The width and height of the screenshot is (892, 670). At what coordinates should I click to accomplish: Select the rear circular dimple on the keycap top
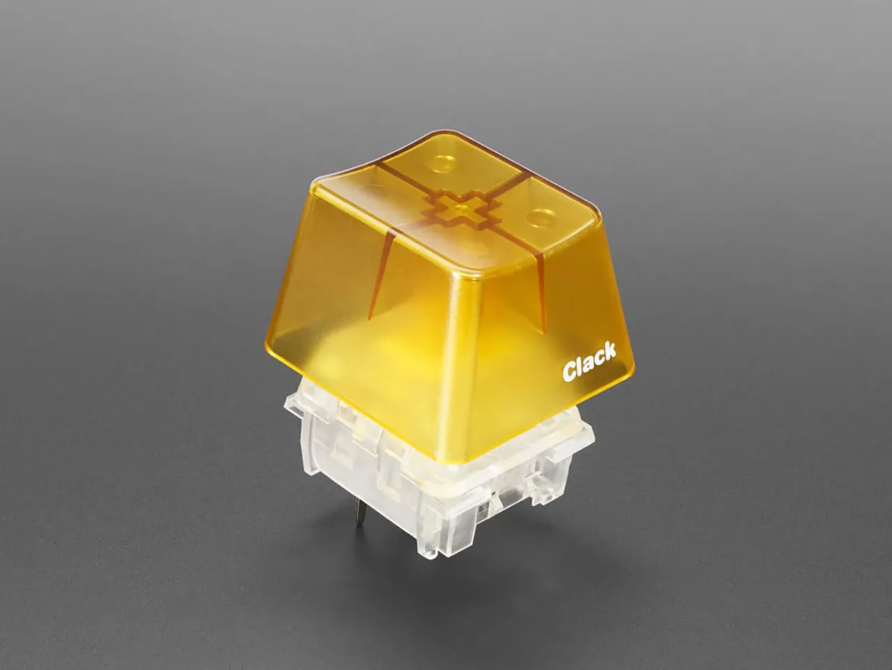[x=442, y=165]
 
